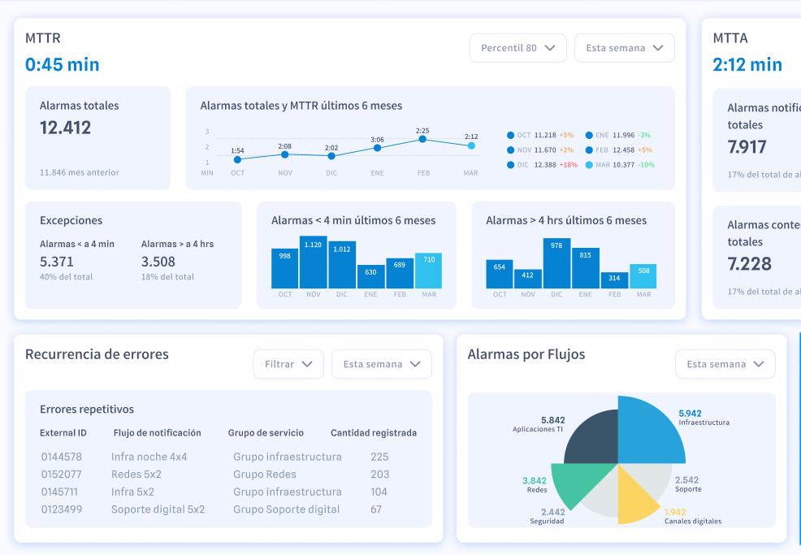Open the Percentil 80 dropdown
pyautogui.click(x=517, y=48)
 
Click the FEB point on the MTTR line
pyautogui.click(x=423, y=139)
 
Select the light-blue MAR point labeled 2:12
pyautogui.click(x=471, y=145)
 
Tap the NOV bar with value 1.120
pyautogui.click(x=313, y=262)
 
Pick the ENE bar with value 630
pyautogui.click(x=370, y=276)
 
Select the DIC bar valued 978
pyautogui.click(x=556, y=264)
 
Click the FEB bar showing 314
pyautogui.click(x=614, y=280)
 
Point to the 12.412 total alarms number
pyautogui.click(x=66, y=128)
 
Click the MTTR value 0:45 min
pyautogui.click(x=63, y=65)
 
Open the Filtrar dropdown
pyautogui.click(x=288, y=364)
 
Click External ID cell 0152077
pyautogui.click(x=62, y=475)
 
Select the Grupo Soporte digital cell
pyautogui.click(x=286, y=509)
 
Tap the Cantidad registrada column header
pyautogui.click(x=374, y=433)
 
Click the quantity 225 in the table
pyautogui.click(x=379, y=457)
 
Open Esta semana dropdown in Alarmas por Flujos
pyautogui.click(x=725, y=364)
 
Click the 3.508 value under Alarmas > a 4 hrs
pyautogui.click(x=158, y=262)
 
